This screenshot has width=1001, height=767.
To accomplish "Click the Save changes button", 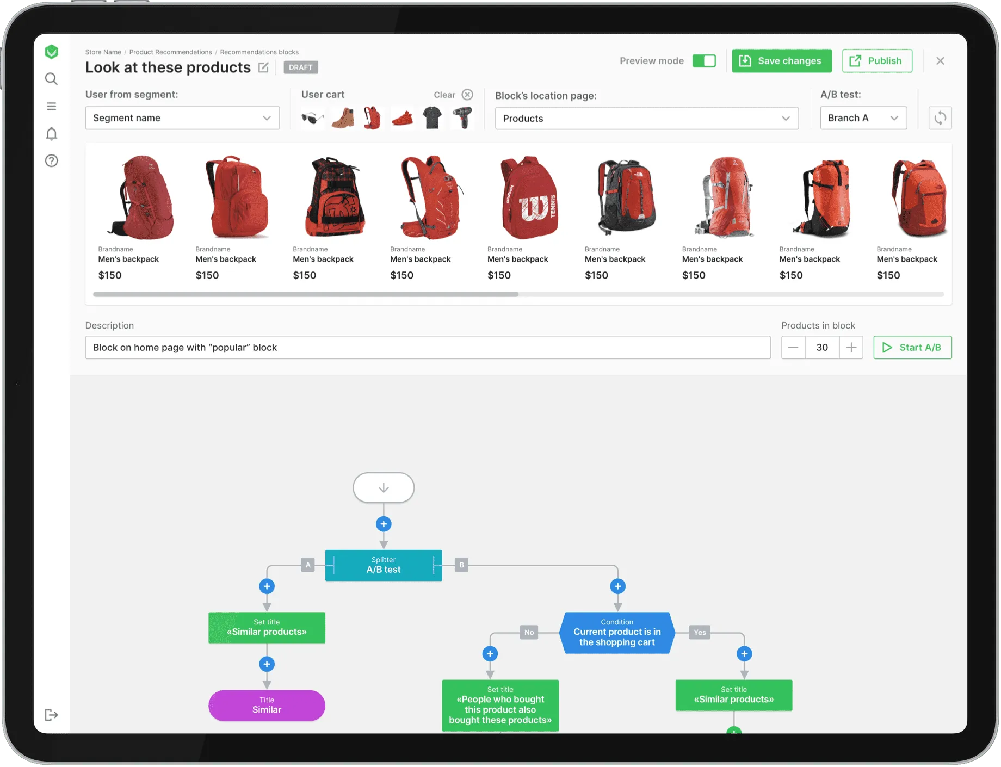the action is pos(781,61).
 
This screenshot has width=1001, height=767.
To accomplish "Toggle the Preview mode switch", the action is pos(704,61).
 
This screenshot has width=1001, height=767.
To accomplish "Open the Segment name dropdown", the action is pos(182,118).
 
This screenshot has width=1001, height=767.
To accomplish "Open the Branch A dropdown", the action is pos(863,118).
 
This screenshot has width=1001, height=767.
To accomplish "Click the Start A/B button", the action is pos(912,348).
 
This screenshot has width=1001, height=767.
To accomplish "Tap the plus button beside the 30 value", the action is pos(851,348).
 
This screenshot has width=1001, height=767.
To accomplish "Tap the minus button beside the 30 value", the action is pos(793,348).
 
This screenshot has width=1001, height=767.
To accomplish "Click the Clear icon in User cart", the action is pos(467,95).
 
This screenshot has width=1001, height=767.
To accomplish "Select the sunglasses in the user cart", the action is pos(313,118).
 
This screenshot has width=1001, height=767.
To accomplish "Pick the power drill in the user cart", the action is pos(462,117).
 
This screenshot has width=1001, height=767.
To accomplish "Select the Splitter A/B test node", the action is pos(384,565).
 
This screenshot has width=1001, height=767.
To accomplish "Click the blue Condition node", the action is pos(617,633).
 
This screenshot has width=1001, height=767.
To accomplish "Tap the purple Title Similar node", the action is pos(267,706).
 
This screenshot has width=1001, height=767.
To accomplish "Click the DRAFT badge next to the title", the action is pos(301,67).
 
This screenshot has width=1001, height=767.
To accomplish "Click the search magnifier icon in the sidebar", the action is pos(51,79).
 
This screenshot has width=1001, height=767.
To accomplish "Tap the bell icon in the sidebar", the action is pos(51,134).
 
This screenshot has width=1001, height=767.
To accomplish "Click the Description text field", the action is pos(428,348).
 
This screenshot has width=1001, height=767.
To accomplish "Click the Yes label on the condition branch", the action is pos(700,632).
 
